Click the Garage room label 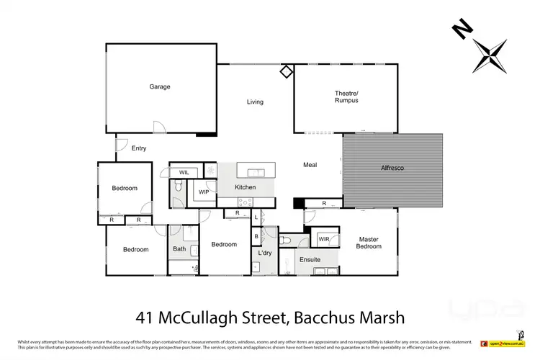tap(160, 87)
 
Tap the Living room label tap(255, 102)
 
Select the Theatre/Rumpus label tap(346, 96)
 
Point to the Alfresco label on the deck tap(392, 168)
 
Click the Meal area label tap(310, 165)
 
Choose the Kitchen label tap(246, 187)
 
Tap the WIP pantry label tap(204, 192)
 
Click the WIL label tap(184, 173)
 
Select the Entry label tap(139, 148)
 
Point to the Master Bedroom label tap(368, 242)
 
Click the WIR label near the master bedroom tap(324, 239)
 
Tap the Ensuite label tap(310, 258)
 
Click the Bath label tap(179, 249)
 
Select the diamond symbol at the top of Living tap(286, 71)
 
